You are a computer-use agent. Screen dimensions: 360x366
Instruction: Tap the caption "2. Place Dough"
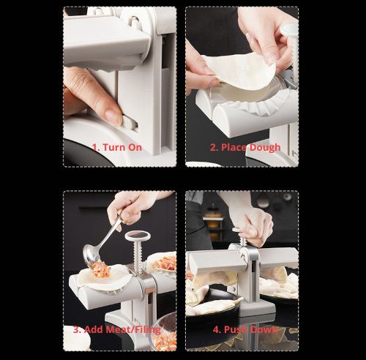pos(245,147)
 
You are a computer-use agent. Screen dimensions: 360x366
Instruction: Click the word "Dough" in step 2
pos(264,147)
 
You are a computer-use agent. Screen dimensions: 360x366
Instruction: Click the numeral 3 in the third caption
pos(75,329)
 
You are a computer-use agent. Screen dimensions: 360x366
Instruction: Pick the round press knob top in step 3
pos(137,237)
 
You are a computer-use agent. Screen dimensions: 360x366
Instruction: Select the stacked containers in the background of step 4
pos(214,220)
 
